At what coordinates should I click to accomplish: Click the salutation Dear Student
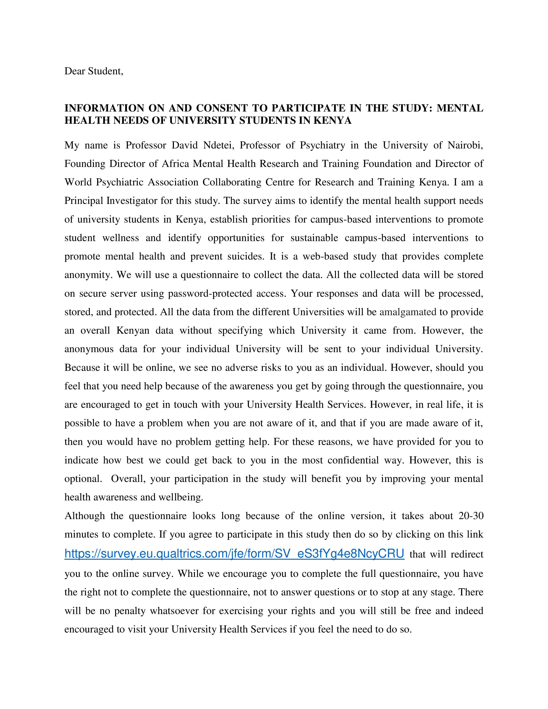coord(94,71)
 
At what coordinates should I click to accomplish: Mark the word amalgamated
coord(408,312)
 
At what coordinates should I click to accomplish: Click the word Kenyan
coord(133,330)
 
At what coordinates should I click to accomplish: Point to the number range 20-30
coord(471,516)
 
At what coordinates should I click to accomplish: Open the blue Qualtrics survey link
coord(234,553)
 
